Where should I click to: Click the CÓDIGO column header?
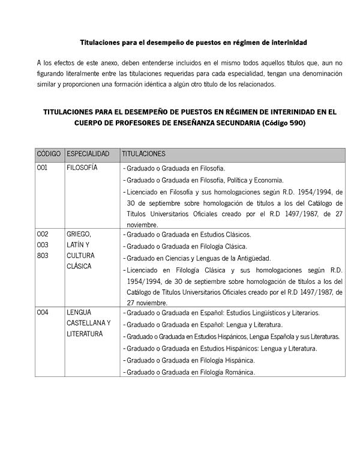49,154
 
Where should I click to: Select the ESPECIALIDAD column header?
88,154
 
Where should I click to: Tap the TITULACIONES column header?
143,154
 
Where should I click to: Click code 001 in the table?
42,168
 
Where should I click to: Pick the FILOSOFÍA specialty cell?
82,168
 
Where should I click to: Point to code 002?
43,234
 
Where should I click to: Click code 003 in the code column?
43,245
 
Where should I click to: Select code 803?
43,256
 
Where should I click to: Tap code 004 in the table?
43,313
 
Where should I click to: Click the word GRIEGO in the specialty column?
79,234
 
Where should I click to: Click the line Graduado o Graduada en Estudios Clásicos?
188,235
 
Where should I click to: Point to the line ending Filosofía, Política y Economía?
205,180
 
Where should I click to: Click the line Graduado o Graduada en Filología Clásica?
187,246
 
